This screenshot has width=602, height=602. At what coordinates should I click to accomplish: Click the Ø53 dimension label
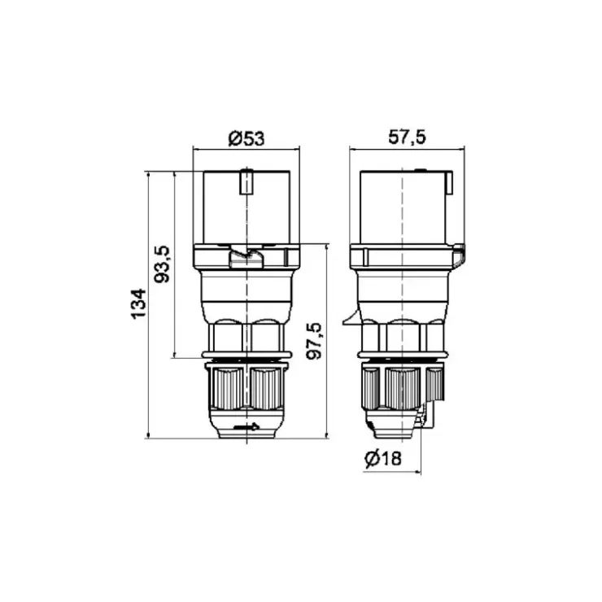point(246,138)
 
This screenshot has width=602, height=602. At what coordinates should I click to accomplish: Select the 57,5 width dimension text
point(407,137)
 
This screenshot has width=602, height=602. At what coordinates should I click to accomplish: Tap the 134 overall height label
point(138,303)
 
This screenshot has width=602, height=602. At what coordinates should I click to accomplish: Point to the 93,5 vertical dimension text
point(162,264)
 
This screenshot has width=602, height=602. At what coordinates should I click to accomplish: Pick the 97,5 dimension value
point(314,341)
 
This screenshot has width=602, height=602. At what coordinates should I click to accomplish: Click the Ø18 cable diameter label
point(383,458)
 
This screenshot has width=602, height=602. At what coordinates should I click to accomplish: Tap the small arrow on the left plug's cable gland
point(246,426)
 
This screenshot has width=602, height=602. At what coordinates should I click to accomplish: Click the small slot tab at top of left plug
point(246,181)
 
